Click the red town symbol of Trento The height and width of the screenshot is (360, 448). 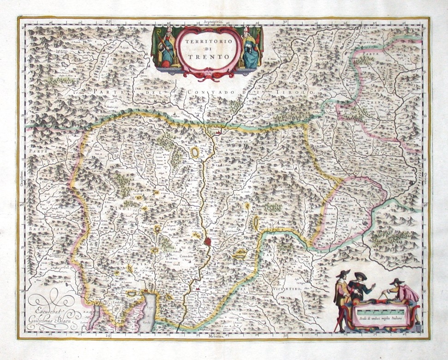pos(208,241)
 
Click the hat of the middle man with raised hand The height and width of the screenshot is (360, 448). pos(360,276)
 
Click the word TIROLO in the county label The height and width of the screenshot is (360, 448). pos(300,93)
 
